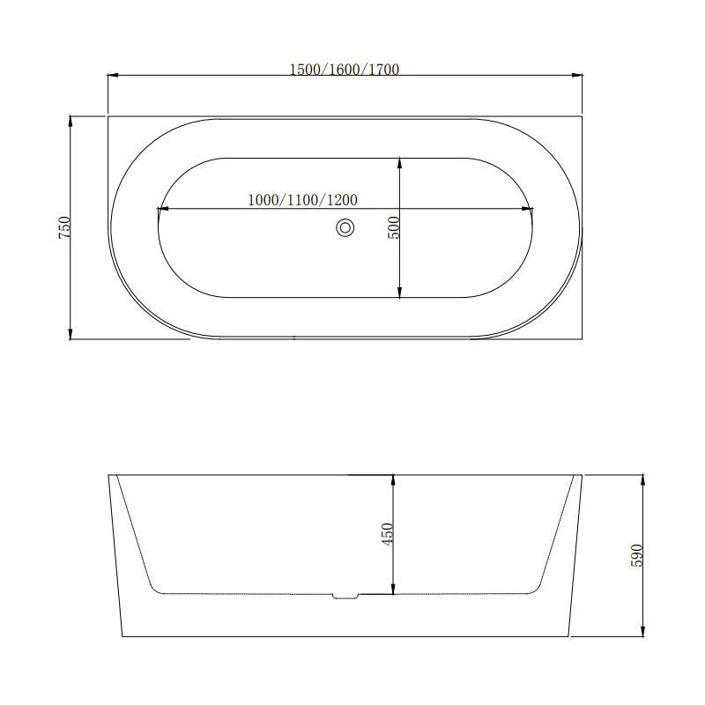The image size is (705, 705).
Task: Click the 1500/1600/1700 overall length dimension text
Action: coord(345,70)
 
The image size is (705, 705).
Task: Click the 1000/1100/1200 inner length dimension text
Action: coord(301,200)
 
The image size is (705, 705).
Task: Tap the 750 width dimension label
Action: coord(63,227)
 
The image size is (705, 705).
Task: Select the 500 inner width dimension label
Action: coord(393,227)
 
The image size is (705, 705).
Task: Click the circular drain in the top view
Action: coord(345,228)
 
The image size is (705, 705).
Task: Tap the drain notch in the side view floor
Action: coord(345,596)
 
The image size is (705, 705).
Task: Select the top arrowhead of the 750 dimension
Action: coord(70,121)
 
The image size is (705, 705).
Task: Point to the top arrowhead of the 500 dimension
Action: coord(400,163)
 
